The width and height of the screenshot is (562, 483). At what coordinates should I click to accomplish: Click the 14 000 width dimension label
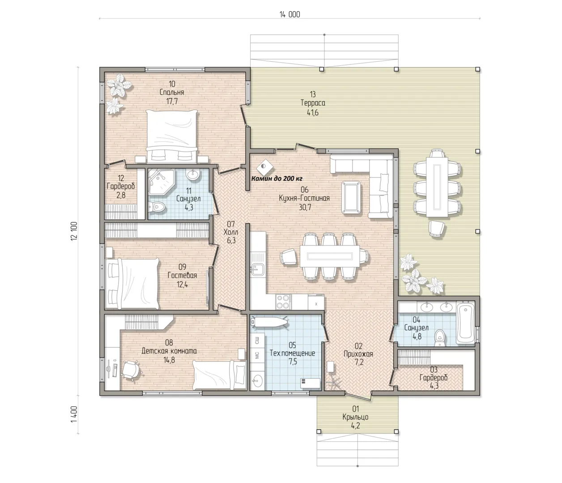[x=290, y=14]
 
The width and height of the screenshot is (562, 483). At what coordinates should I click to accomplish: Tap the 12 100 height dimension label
[x=74, y=231]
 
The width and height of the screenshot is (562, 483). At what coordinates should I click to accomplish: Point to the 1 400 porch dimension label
[x=74, y=414]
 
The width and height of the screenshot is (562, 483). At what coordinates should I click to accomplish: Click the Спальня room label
[x=172, y=92]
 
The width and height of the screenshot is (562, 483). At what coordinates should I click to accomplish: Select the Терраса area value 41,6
[x=313, y=112]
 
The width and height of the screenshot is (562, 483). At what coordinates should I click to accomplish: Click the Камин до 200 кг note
[x=277, y=178]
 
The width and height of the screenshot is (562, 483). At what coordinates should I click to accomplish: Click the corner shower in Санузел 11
[x=161, y=182]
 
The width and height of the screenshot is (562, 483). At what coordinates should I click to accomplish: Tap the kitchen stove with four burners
[x=283, y=302]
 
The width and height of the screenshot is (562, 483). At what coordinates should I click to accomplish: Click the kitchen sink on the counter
[x=257, y=269]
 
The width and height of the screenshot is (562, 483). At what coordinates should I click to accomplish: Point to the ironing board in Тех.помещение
[x=269, y=322]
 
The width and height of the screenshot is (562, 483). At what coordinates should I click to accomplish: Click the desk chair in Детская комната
[x=131, y=369]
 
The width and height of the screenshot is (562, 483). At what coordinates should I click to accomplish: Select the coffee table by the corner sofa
[x=351, y=198]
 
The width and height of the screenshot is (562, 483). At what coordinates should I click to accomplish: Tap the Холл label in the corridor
[x=230, y=232]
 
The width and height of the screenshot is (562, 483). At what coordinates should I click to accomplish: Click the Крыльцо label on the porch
[x=355, y=417]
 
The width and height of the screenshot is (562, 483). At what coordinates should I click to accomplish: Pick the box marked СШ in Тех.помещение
[x=257, y=340]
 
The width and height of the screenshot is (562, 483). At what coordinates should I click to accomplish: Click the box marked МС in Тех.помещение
[x=257, y=355]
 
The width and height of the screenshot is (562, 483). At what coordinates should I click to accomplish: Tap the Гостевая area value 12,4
[x=182, y=284]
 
